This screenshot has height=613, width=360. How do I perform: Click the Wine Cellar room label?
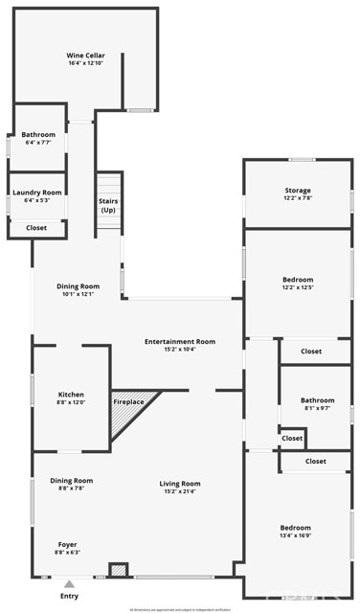click(85, 56)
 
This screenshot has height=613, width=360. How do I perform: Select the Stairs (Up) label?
click(108, 206)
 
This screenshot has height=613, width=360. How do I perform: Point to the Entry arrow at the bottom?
click(69, 582)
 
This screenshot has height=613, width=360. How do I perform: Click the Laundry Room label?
click(37, 193)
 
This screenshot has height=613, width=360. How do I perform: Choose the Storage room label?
click(298, 191)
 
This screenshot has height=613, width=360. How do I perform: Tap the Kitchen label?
click(71, 395)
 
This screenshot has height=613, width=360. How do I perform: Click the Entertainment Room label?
click(179, 342)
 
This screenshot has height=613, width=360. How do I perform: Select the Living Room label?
click(179, 484)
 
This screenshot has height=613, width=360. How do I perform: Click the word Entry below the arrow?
click(69, 596)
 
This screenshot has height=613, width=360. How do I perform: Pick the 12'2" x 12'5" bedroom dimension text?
click(298, 287)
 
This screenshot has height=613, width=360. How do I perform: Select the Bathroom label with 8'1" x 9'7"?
click(317, 400)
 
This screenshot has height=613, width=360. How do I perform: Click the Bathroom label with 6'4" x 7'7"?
click(38, 135)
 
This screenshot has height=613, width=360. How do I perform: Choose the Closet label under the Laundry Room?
click(36, 228)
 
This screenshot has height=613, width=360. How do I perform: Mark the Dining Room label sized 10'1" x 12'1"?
click(79, 286)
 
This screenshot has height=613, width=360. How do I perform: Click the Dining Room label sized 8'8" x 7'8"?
click(71, 480)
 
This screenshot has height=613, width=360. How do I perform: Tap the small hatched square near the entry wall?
click(118, 569)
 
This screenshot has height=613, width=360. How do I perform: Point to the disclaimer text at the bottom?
click(179, 607)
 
